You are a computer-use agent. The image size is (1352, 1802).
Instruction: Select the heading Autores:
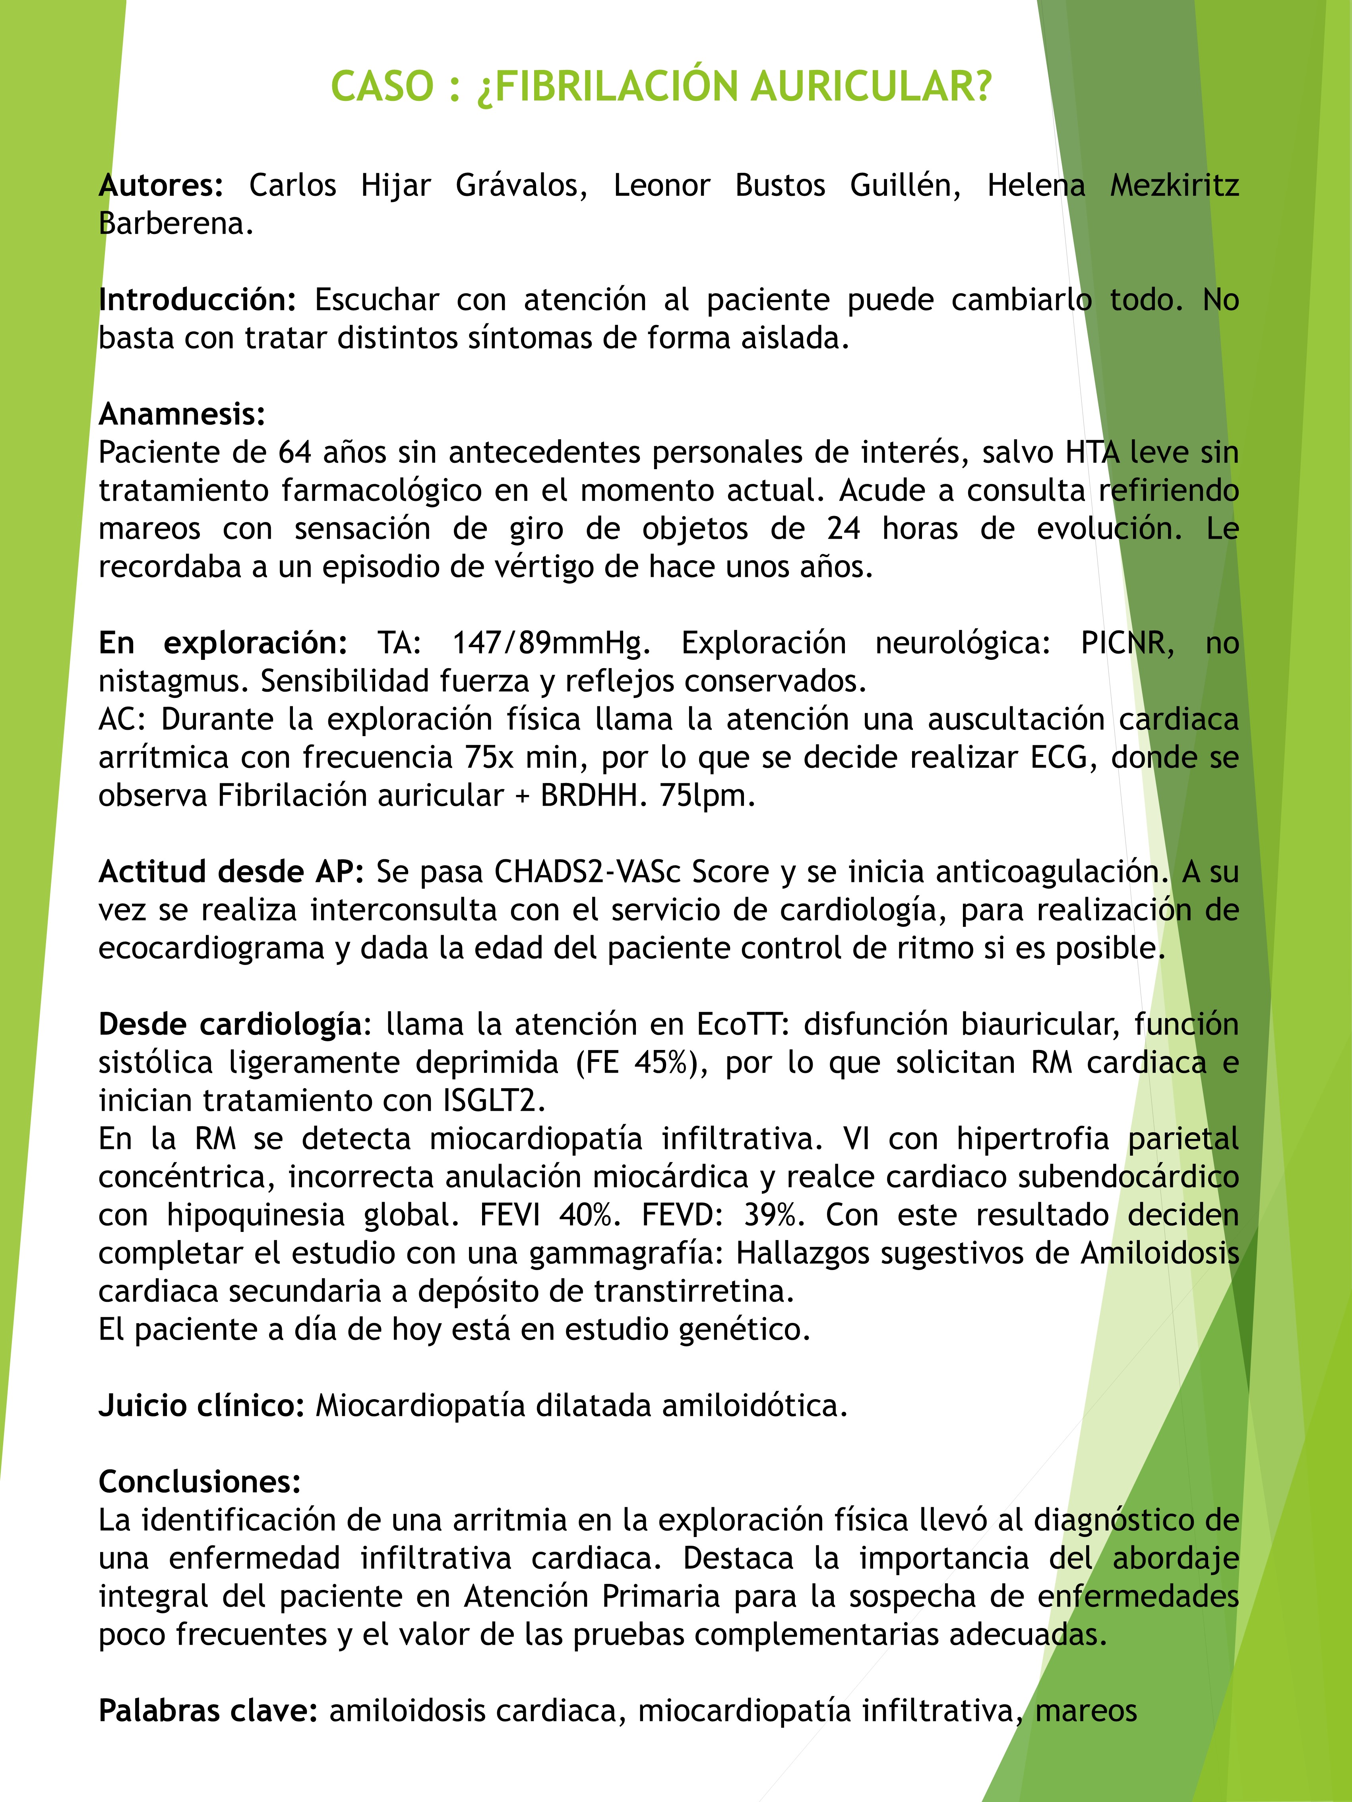(x=161, y=186)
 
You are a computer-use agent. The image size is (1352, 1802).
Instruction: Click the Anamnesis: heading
(x=182, y=415)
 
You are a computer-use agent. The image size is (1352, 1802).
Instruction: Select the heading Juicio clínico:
(x=201, y=1406)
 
